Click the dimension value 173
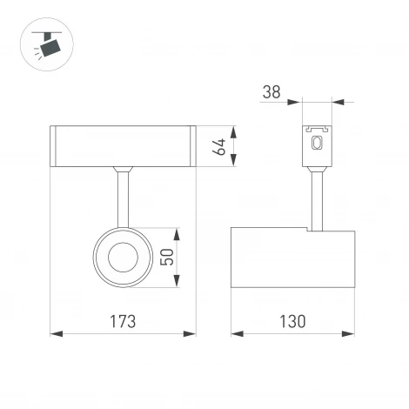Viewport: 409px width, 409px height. click(123, 321)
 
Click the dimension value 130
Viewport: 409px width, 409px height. click(292, 321)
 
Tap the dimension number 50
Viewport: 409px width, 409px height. click(166, 257)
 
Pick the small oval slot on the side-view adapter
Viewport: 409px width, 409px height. click(317, 144)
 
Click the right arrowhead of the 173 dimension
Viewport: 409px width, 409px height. click(191, 333)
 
